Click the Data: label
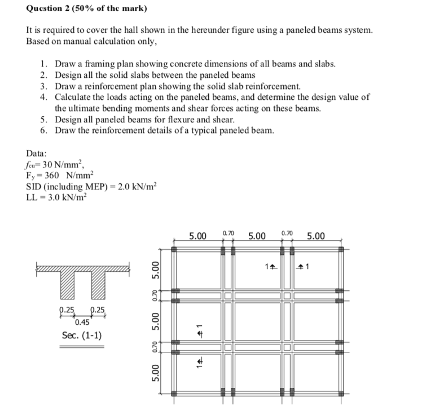click(37, 153)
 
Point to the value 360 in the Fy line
click(49, 175)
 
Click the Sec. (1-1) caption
click(82, 336)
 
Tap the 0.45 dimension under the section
click(82, 322)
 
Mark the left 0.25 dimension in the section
click(67, 310)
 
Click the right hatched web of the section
click(96, 290)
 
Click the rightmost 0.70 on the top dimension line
click(287, 233)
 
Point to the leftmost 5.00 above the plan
click(197, 235)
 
